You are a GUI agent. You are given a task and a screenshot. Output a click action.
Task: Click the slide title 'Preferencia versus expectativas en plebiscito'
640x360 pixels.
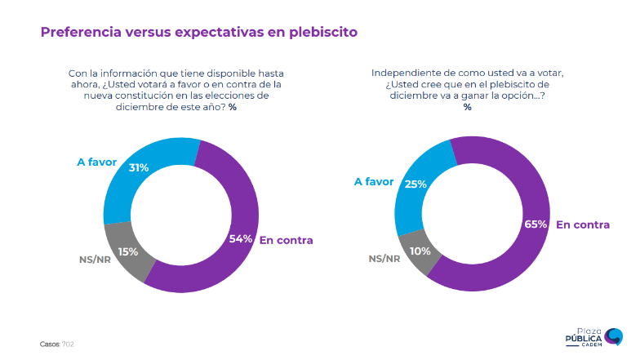click(x=198, y=33)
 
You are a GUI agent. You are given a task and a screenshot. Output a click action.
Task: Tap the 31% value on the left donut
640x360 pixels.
click(x=138, y=167)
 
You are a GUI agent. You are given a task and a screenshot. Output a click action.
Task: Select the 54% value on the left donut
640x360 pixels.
click(x=240, y=239)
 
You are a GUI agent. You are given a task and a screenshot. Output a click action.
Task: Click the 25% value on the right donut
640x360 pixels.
click(x=416, y=184)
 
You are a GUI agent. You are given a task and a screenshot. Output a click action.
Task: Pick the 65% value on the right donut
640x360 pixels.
click(x=535, y=224)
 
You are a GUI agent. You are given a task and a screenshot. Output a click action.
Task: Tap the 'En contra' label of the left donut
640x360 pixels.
click(x=286, y=240)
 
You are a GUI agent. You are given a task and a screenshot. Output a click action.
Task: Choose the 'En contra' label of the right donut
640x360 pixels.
click(x=583, y=224)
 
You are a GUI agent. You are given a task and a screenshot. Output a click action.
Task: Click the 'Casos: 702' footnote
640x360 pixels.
click(x=57, y=344)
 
